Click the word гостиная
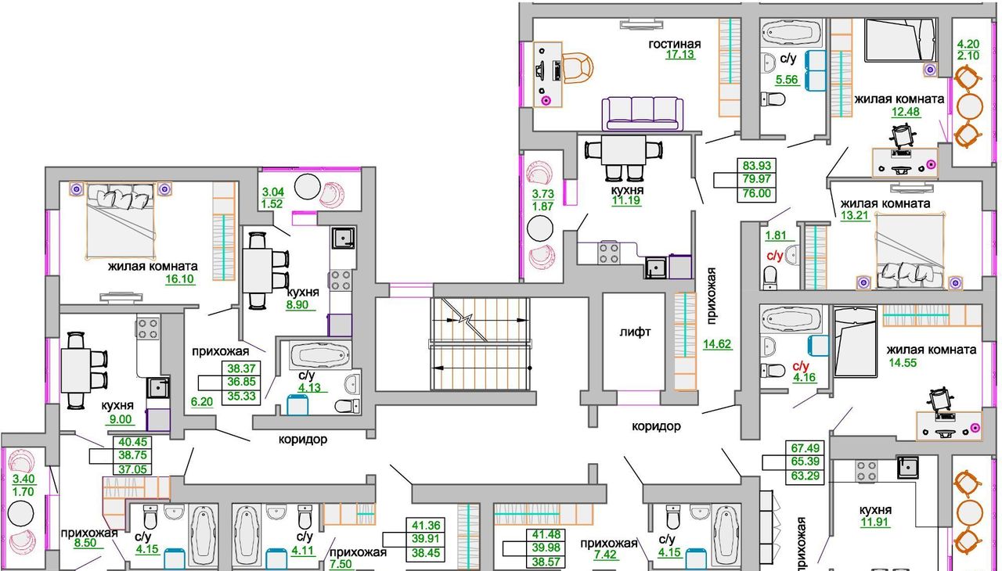click(x=675, y=44)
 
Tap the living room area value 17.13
click(x=680, y=55)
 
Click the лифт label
click(x=635, y=332)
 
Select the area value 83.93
click(x=757, y=165)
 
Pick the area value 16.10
click(x=179, y=279)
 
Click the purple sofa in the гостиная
click(x=643, y=114)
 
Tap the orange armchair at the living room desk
click(x=577, y=68)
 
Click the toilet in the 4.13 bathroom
click(x=347, y=406)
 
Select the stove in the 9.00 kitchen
click(x=148, y=328)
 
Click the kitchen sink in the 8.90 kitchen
click(x=343, y=238)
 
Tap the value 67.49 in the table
click(x=806, y=447)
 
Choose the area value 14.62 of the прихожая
click(x=717, y=344)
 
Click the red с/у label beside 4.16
click(x=801, y=366)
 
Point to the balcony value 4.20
click(x=968, y=44)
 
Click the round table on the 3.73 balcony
click(x=540, y=228)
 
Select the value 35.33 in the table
click(x=242, y=396)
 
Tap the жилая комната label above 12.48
click(x=899, y=99)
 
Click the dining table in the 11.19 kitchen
click(x=623, y=150)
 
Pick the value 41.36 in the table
click(x=426, y=525)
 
